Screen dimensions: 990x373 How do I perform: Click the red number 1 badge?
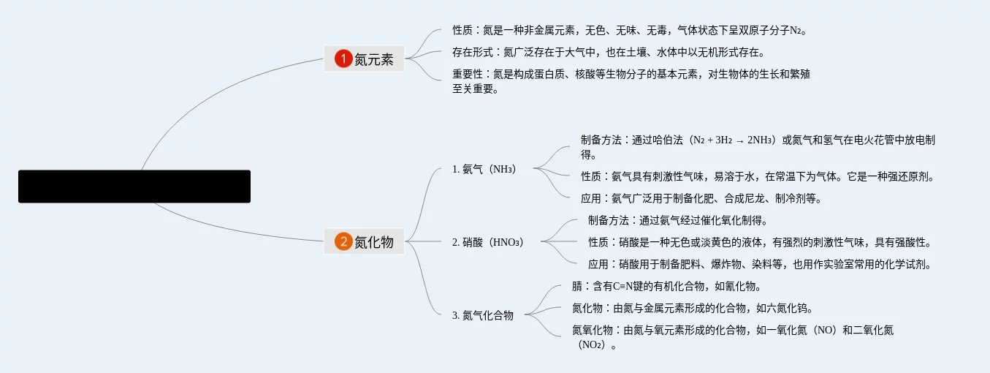click(343, 59)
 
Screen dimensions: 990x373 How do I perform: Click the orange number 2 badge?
click(343, 242)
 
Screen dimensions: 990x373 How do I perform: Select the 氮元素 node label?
click(374, 59)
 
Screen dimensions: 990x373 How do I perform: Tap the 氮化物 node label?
click(374, 242)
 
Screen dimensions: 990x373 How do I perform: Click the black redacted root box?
click(134, 186)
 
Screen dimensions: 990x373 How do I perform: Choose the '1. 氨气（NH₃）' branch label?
click(484, 169)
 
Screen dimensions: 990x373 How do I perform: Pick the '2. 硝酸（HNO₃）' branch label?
click(488, 242)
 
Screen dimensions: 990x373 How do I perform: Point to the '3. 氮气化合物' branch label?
click(483, 315)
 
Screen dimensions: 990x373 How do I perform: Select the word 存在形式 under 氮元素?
click(472, 52)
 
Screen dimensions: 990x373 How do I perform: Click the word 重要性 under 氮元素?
click(468, 74)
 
